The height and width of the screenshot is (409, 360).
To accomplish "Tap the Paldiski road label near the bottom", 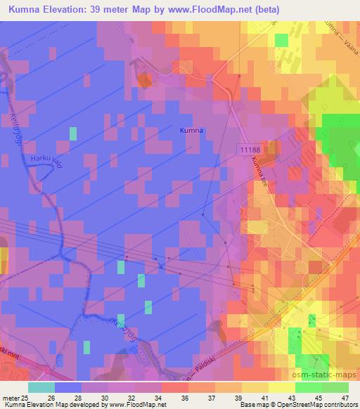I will click(208, 368).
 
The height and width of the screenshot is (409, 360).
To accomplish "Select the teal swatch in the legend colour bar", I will click(41, 387).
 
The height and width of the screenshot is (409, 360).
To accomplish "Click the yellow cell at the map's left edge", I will click(3, 256).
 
